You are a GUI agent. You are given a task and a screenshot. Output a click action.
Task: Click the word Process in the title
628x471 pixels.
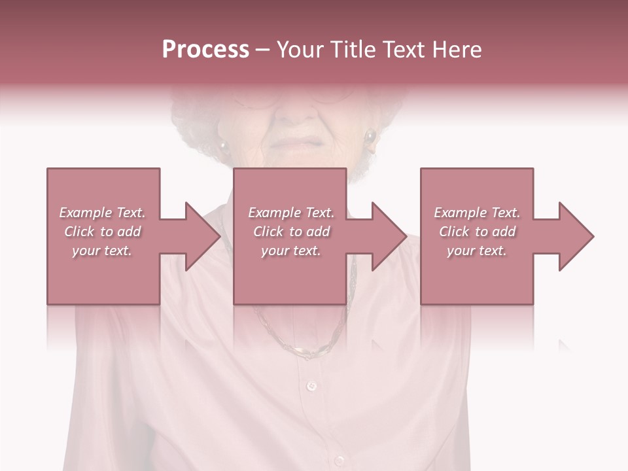(205, 49)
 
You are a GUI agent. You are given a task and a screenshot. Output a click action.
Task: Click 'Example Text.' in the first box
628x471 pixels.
(102, 213)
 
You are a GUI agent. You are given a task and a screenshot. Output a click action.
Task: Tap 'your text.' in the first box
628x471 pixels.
(102, 251)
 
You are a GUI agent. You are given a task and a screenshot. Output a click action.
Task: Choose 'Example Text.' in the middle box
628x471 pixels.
(291, 213)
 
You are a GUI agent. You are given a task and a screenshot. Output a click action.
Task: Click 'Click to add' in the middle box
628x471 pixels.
(291, 232)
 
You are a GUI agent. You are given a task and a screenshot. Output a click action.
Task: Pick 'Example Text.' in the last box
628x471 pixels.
(477, 213)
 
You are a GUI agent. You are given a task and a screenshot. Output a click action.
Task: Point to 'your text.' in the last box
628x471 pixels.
(477, 251)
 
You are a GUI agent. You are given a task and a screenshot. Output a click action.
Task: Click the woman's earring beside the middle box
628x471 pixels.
(370, 137)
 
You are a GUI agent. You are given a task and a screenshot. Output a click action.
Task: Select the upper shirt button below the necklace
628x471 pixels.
(311, 386)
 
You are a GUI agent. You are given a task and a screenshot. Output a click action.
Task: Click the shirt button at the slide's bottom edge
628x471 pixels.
(339, 461)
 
